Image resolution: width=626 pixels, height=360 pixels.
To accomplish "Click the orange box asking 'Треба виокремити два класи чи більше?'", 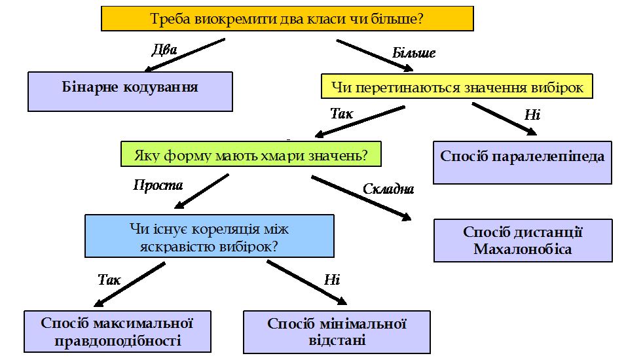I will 287,19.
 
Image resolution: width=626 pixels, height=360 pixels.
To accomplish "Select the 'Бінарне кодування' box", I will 130,91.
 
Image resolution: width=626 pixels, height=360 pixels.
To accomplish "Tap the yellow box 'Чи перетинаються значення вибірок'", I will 456,86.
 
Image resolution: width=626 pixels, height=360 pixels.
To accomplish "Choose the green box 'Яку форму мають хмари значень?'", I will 250,156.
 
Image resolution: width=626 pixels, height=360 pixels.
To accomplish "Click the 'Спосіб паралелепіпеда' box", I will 522,162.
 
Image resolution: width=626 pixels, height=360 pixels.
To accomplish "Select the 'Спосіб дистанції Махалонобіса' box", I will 523,240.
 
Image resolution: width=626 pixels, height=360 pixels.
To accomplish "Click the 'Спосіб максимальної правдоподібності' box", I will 118,331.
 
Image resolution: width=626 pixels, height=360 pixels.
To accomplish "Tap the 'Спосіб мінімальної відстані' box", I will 337,331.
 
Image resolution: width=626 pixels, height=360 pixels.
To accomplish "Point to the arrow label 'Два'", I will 164,50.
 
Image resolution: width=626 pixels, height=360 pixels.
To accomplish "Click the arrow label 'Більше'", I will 413,53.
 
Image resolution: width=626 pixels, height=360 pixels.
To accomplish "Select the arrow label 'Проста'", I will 158,185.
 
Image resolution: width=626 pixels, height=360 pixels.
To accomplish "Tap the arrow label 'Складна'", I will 388,189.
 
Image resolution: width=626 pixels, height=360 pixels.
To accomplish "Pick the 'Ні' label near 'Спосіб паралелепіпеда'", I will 532,115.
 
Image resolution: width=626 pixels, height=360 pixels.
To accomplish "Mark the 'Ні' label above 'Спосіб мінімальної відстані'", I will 332,280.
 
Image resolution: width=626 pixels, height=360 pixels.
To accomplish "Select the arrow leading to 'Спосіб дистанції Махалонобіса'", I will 361,198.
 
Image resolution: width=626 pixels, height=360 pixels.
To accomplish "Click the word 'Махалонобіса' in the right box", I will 523,249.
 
